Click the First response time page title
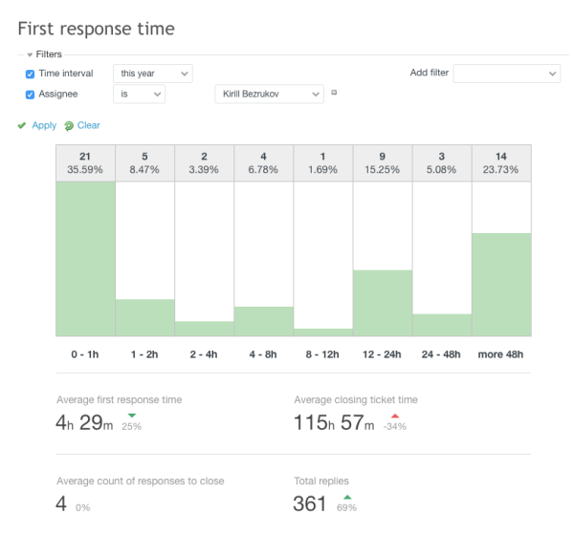[x=96, y=29]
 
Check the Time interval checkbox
[x=30, y=74]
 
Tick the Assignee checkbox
[x=30, y=95]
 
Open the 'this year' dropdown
[x=152, y=74]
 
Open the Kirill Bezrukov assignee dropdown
[x=270, y=94]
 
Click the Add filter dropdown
[x=506, y=74]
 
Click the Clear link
[x=88, y=125]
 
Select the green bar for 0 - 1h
[x=85, y=258]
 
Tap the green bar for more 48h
[x=501, y=284]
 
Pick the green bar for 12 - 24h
[x=383, y=303]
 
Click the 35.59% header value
[x=85, y=170]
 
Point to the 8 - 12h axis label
[x=323, y=354]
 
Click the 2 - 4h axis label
[x=204, y=354]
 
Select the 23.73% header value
[x=501, y=170]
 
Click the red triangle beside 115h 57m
[x=394, y=417]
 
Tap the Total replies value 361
[x=310, y=503]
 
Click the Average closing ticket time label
[x=355, y=399]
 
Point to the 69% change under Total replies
[x=346, y=507]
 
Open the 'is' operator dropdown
[x=139, y=94]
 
